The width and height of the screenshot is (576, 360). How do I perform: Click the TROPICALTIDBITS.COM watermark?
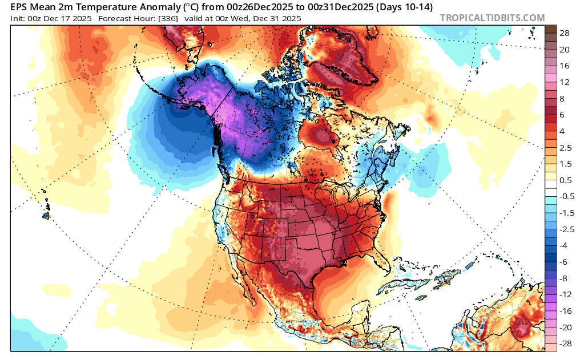point(493,18)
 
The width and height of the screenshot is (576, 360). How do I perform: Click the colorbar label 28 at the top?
point(565,34)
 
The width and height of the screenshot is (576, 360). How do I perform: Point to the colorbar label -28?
point(563,343)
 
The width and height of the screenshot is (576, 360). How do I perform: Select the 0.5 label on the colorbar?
point(565,180)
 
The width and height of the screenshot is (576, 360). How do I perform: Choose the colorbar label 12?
point(565,82)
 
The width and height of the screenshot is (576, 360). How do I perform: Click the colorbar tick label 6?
point(562,115)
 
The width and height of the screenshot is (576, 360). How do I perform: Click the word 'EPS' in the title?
point(21,7)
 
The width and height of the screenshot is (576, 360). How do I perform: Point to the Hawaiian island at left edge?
point(46,216)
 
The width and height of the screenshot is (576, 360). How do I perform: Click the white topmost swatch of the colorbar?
point(551,188)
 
